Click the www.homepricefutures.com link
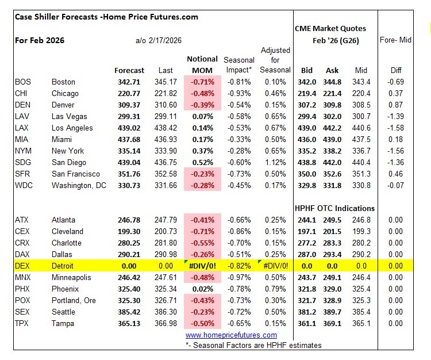click(x=231, y=335)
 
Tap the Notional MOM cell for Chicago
click(x=202, y=93)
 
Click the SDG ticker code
click(x=23, y=162)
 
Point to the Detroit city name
click(x=64, y=266)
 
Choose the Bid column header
click(x=307, y=70)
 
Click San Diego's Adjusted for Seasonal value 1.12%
click(x=276, y=162)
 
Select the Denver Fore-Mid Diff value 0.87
click(x=396, y=105)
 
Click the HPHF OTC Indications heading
click(x=334, y=208)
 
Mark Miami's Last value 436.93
click(x=166, y=139)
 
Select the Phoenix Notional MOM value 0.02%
click(x=202, y=289)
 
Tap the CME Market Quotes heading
click(x=330, y=28)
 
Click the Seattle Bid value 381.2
click(x=307, y=312)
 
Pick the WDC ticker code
click(x=24, y=185)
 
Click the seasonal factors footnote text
click(x=253, y=345)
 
